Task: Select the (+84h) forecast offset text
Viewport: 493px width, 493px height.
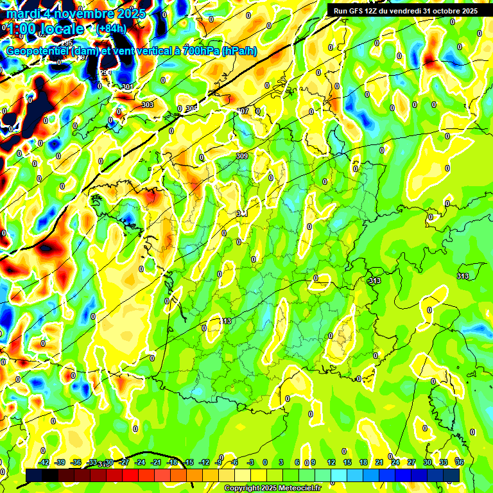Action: coord(112,28)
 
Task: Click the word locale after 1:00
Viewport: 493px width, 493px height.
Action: coord(60,29)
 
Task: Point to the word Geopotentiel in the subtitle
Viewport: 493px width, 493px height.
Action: coord(39,51)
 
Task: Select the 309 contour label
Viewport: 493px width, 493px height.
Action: coord(242,156)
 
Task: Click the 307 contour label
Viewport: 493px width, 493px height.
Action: coord(243,111)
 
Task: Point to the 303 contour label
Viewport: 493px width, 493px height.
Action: coord(148,105)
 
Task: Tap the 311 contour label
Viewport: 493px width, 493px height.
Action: coord(241,214)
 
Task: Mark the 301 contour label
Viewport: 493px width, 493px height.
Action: coord(127,87)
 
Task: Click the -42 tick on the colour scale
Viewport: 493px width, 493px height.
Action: coord(44,462)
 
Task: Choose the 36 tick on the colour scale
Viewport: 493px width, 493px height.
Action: coord(460,462)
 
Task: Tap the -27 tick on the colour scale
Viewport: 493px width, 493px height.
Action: coord(125,462)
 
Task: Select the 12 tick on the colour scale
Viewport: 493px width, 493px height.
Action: coord(331,462)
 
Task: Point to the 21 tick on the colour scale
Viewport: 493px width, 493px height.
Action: coord(379,462)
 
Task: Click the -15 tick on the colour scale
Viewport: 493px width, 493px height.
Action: coord(188,462)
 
